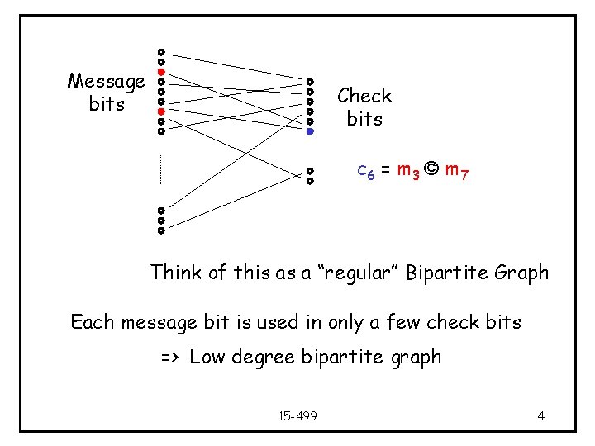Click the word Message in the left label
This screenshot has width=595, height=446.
(x=106, y=81)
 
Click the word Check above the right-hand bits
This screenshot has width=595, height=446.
(x=364, y=96)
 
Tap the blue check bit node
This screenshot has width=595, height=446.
(x=310, y=130)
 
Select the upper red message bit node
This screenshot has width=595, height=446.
(x=161, y=71)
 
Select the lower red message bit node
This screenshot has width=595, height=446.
(x=161, y=111)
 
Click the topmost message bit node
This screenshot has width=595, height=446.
(x=161, y=51)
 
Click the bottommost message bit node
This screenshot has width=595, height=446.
(x=161, y=230)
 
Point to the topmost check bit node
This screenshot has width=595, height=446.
(x=310, y=82)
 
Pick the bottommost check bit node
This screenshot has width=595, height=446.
(x=310, y=180)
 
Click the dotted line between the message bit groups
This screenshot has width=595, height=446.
(x=161, y=169)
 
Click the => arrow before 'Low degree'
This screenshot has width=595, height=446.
(x=171, y=358)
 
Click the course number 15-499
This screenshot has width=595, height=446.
(x=298, y=415)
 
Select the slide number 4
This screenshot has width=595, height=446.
(x=540, y=415)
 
